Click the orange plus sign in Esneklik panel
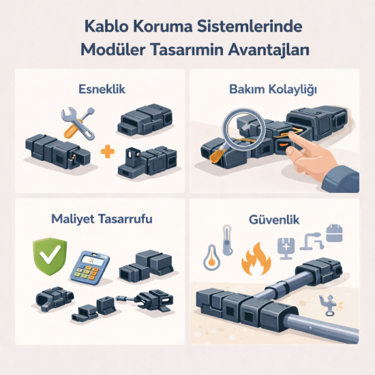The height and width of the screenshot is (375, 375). tap(105, 151)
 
